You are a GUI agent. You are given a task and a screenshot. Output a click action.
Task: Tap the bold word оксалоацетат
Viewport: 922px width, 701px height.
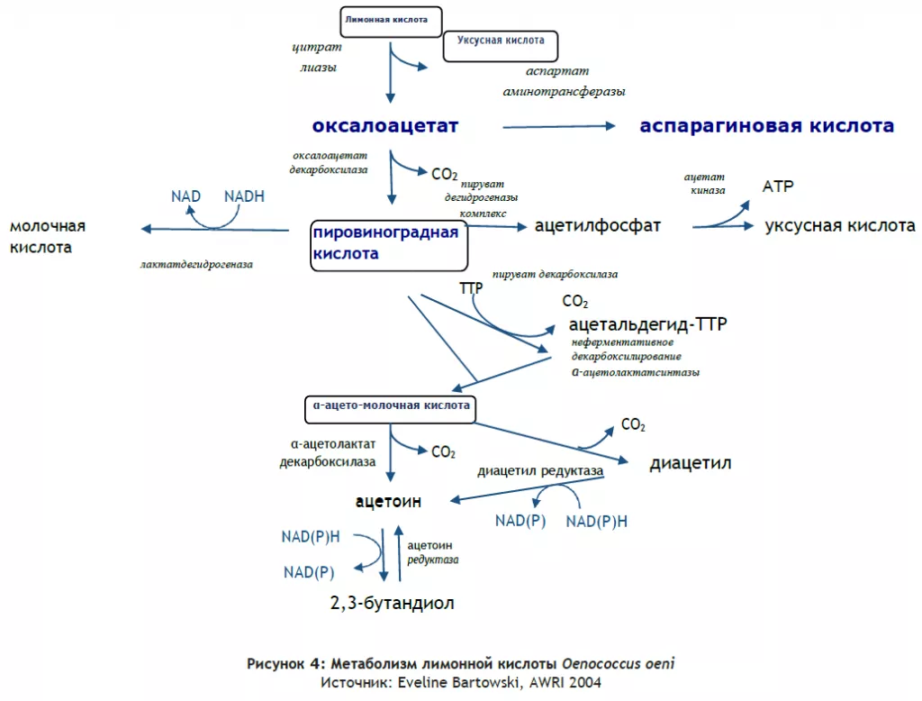click(385, 125)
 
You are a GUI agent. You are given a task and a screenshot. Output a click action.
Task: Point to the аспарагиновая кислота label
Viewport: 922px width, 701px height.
click(767, 125)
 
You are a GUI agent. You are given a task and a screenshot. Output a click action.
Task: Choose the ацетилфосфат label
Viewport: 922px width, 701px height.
click(598, 225)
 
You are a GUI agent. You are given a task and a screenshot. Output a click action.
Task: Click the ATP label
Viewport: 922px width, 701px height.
click(778, 186)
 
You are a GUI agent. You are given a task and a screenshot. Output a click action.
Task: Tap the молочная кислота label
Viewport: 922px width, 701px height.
click(48, 236)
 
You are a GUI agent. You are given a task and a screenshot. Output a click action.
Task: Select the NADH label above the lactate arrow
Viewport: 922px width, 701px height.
click(244, 196)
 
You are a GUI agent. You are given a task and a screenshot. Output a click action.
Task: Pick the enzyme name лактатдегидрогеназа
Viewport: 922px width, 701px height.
click(196, 264)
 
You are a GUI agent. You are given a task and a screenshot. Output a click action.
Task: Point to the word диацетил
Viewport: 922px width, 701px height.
click(691, 463)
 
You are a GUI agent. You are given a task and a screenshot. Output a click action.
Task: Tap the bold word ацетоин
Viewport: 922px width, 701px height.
click(388, 501)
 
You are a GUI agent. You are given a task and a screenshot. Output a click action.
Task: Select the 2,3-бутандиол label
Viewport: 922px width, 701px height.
click(393, 603)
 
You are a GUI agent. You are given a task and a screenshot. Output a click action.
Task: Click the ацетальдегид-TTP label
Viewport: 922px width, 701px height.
click(648, 323)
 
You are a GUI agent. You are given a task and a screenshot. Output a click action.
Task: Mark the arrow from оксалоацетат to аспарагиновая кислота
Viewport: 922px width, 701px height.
click(558, 126)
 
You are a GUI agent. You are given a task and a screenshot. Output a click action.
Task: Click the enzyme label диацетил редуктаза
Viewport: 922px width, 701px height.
click(540, 471)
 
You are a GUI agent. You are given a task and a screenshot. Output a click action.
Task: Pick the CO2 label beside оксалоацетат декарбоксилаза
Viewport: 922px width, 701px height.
click(444, 174)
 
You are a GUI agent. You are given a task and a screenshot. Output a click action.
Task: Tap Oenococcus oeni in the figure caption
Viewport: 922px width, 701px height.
click(618, 664)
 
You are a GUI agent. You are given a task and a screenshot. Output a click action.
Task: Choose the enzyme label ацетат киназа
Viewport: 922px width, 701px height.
click(704, 183)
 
